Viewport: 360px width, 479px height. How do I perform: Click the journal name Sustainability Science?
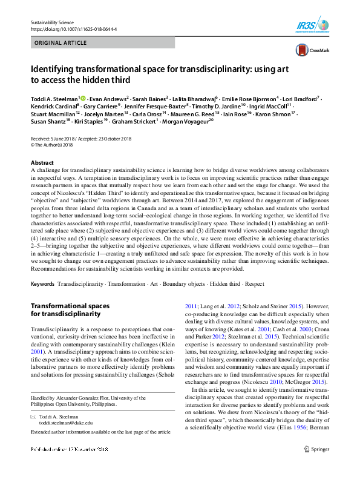[51, 22]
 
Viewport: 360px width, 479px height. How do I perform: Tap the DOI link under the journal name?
[74, 28]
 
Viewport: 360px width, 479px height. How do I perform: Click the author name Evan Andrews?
[110, 97]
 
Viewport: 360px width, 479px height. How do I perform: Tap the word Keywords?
[42, 284]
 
